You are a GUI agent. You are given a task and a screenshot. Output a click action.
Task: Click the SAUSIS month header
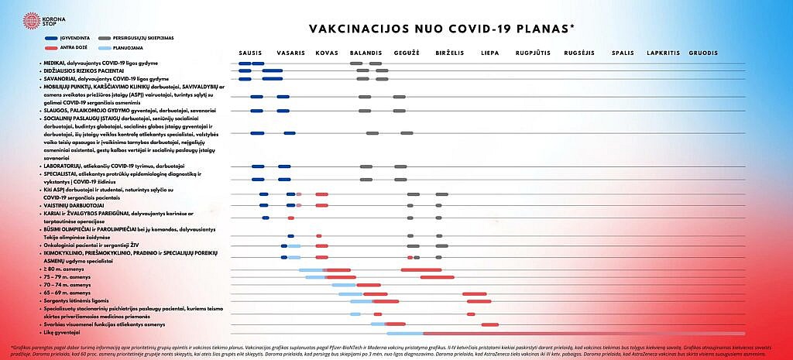[252, 53]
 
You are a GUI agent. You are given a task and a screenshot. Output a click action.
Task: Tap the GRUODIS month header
[703, 53]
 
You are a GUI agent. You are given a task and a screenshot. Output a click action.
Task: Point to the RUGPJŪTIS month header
[533, 53]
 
